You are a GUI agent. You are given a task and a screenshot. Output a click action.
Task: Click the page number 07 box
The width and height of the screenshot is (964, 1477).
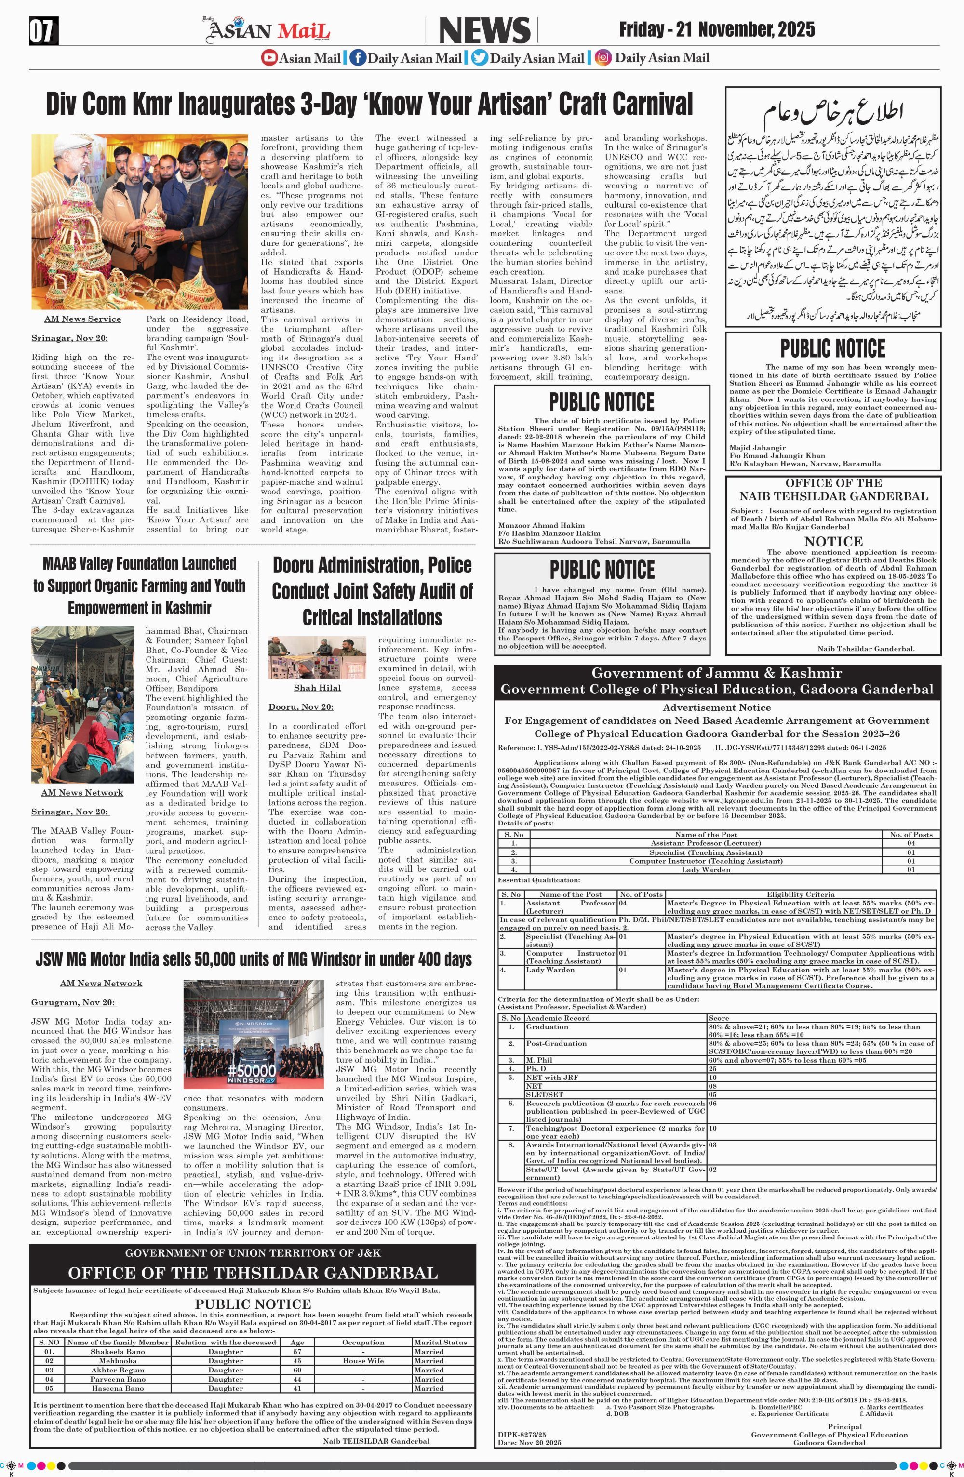[x=43, y=31]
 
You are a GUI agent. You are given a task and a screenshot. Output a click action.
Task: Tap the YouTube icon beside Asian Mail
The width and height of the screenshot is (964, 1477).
[x=269, y=58]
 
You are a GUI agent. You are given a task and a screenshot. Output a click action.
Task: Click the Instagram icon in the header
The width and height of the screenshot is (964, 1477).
[x=602, y=58]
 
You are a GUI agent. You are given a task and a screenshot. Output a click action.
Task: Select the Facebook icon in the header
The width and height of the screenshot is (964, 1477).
[x=358, y=58]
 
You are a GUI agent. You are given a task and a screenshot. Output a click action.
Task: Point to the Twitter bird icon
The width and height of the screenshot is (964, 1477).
[x=479, y=58]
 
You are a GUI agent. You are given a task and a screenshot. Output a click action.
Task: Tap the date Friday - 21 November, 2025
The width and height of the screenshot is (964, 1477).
[x=716, y=29]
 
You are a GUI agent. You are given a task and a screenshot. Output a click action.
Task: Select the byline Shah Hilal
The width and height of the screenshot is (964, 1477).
[x=317, y=688]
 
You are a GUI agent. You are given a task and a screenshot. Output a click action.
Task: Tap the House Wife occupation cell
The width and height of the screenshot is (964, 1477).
[x=363, y=1360]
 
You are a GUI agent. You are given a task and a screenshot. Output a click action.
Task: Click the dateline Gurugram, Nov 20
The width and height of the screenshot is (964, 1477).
[x=73, y=1002]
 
